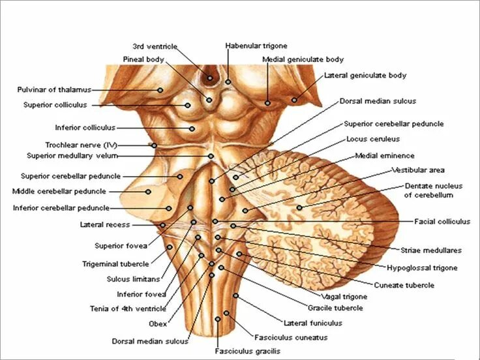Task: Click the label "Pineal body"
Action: pyautogui.click(x=143, y=59)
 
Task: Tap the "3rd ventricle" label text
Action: pyautogui.click(x=151, y=46)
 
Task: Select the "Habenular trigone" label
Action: pyautogui.click(x=251, y=46)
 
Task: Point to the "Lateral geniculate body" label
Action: pyautogui.click(x=365, y=76)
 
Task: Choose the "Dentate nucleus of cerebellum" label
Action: pyautogui.click(x=428, y=190)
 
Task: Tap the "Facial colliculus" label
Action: pyautogui.click(x=442, y=222)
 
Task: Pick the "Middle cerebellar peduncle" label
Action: pyautogui.click(x=59, y=192)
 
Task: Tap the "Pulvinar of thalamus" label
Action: pyautogui.click(x=54, y=89)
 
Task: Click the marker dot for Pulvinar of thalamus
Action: pyautogui.click(x=159, y=90)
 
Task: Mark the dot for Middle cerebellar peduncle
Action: pyautogui.click(x=149, y=192)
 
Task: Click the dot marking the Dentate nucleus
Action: pyautogui.click(x=299, y=208)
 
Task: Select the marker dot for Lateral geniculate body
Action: pyautogui.click(x=295, y=100)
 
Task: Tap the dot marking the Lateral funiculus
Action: pyautogui.click(x=236, y=297)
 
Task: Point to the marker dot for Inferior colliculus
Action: pyautogui.click(x=192, y=128)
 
